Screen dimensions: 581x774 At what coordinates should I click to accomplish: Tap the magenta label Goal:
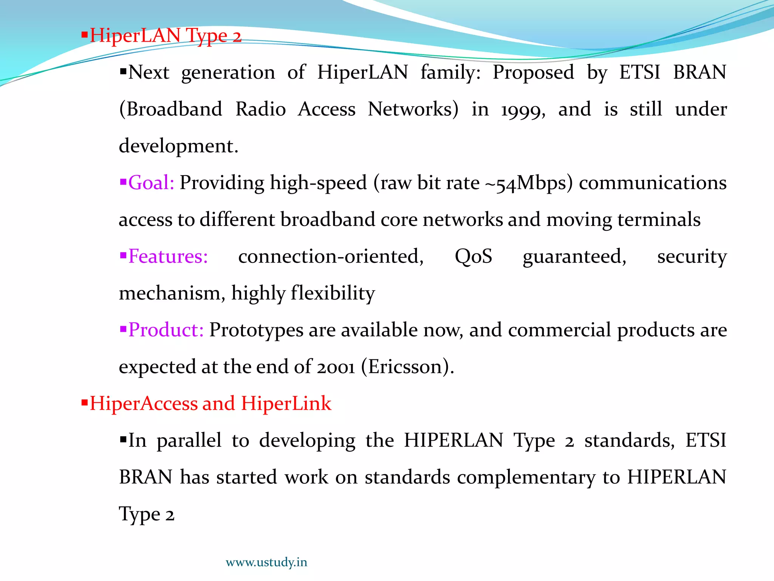[151, 183]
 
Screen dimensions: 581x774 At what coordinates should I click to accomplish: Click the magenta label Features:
[168, 256]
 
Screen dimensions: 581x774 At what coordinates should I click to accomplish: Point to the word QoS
[473, 256]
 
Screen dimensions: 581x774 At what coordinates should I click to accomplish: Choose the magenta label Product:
[166, 330]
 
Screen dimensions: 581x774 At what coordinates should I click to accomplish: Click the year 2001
[336, 367]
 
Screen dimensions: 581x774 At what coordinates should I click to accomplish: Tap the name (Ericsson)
[407, 367]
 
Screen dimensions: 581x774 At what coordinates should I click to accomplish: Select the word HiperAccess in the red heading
[144, 403]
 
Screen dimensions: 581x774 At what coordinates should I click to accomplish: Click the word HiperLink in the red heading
[286, 403]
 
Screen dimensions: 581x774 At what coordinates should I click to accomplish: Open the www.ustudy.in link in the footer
[266, 562]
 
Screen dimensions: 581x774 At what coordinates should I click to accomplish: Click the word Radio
[260, 109]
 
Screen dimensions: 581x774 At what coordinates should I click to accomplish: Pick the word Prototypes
[256, 330]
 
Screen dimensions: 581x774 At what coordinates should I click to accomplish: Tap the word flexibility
[333, 294]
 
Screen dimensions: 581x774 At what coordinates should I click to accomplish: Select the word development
[178, 146]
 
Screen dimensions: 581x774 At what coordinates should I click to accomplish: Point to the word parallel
[189, 441]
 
